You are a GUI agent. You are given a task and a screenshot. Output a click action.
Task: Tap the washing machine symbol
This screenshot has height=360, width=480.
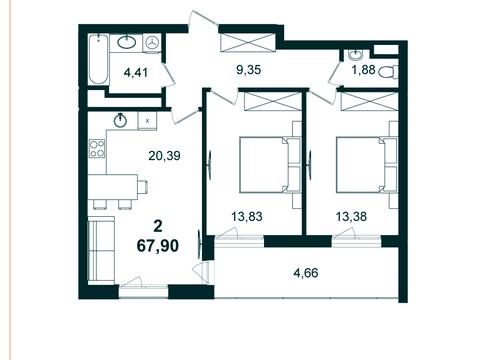pyautogui.click(x=152, y=43)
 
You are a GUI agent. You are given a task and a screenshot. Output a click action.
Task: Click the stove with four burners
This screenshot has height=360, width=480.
pyautogui.click(x=98, y=151)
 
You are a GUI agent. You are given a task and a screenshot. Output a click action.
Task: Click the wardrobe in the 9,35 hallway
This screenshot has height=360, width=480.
pyautogui.click(x=247, y=43)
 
